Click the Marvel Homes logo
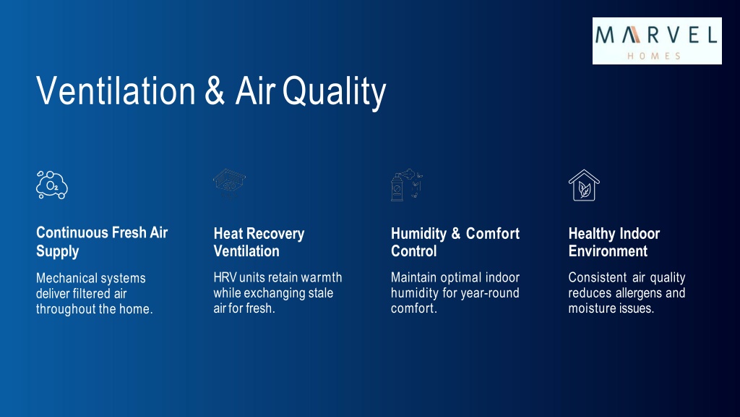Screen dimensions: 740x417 click(657, 41)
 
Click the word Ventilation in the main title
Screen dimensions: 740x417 click(116, 90)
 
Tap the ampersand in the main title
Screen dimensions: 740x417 click(215, 90)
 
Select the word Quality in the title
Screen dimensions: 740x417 click(334, 93)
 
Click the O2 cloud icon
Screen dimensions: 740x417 click(52, 185)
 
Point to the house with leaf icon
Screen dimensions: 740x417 click(584, 185)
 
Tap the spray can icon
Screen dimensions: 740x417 click(406, 185)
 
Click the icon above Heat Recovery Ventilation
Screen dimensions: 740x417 click(229, 185)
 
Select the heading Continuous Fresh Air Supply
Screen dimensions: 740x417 click(102, 242)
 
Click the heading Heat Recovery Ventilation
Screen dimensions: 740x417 click(259, 242)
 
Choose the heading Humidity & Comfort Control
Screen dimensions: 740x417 click(455, 242)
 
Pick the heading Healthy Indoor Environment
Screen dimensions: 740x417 click(614, 242)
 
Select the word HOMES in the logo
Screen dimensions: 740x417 click(654, 56)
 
